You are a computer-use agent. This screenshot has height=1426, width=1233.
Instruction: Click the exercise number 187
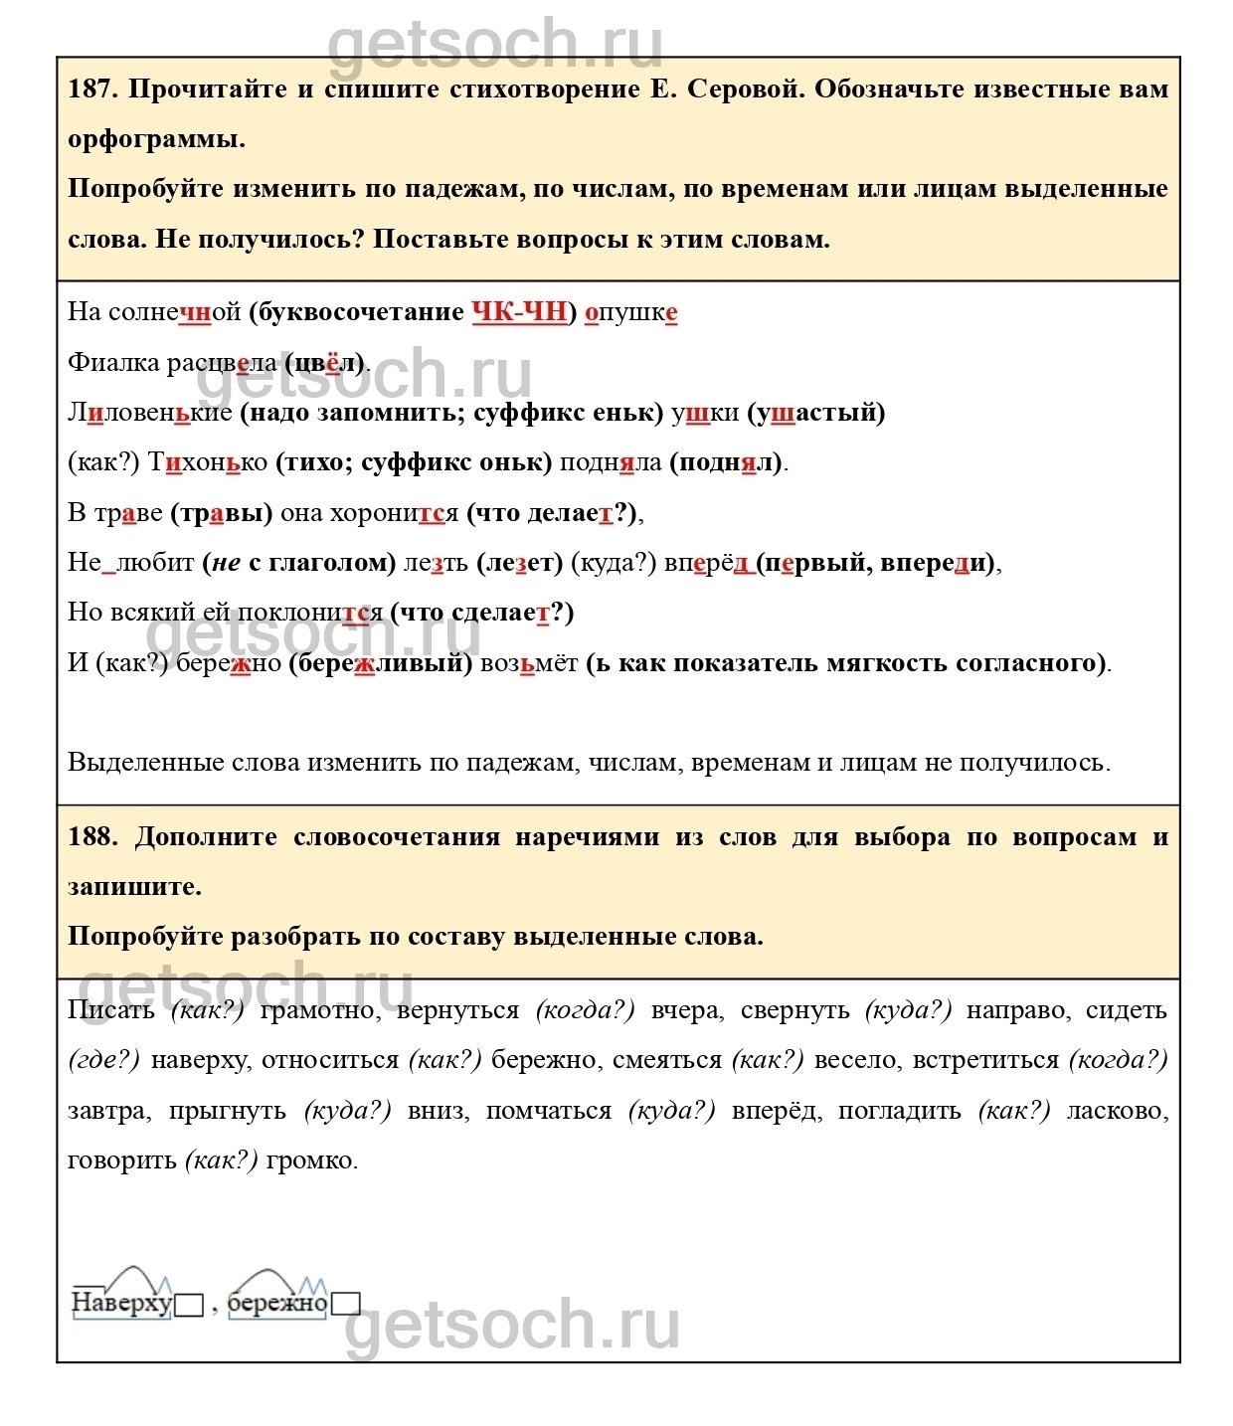point(92,89)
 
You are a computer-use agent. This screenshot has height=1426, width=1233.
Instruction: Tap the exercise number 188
point(92,837)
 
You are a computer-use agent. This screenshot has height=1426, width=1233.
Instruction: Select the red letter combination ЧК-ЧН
point(518,312)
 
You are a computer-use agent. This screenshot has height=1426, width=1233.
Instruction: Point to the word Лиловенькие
point(149,413)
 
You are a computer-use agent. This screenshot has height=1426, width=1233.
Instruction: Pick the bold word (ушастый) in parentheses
point(816,413)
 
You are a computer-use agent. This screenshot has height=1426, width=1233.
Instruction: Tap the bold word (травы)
point(222,513)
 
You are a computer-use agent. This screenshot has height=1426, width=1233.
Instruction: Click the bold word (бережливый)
point(381,663)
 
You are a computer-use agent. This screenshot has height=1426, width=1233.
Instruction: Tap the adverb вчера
point(684,1010)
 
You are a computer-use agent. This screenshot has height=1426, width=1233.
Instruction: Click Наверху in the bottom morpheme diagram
point(121,1303)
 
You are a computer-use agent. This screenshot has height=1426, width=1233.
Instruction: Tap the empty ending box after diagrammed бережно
point(345,1304)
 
